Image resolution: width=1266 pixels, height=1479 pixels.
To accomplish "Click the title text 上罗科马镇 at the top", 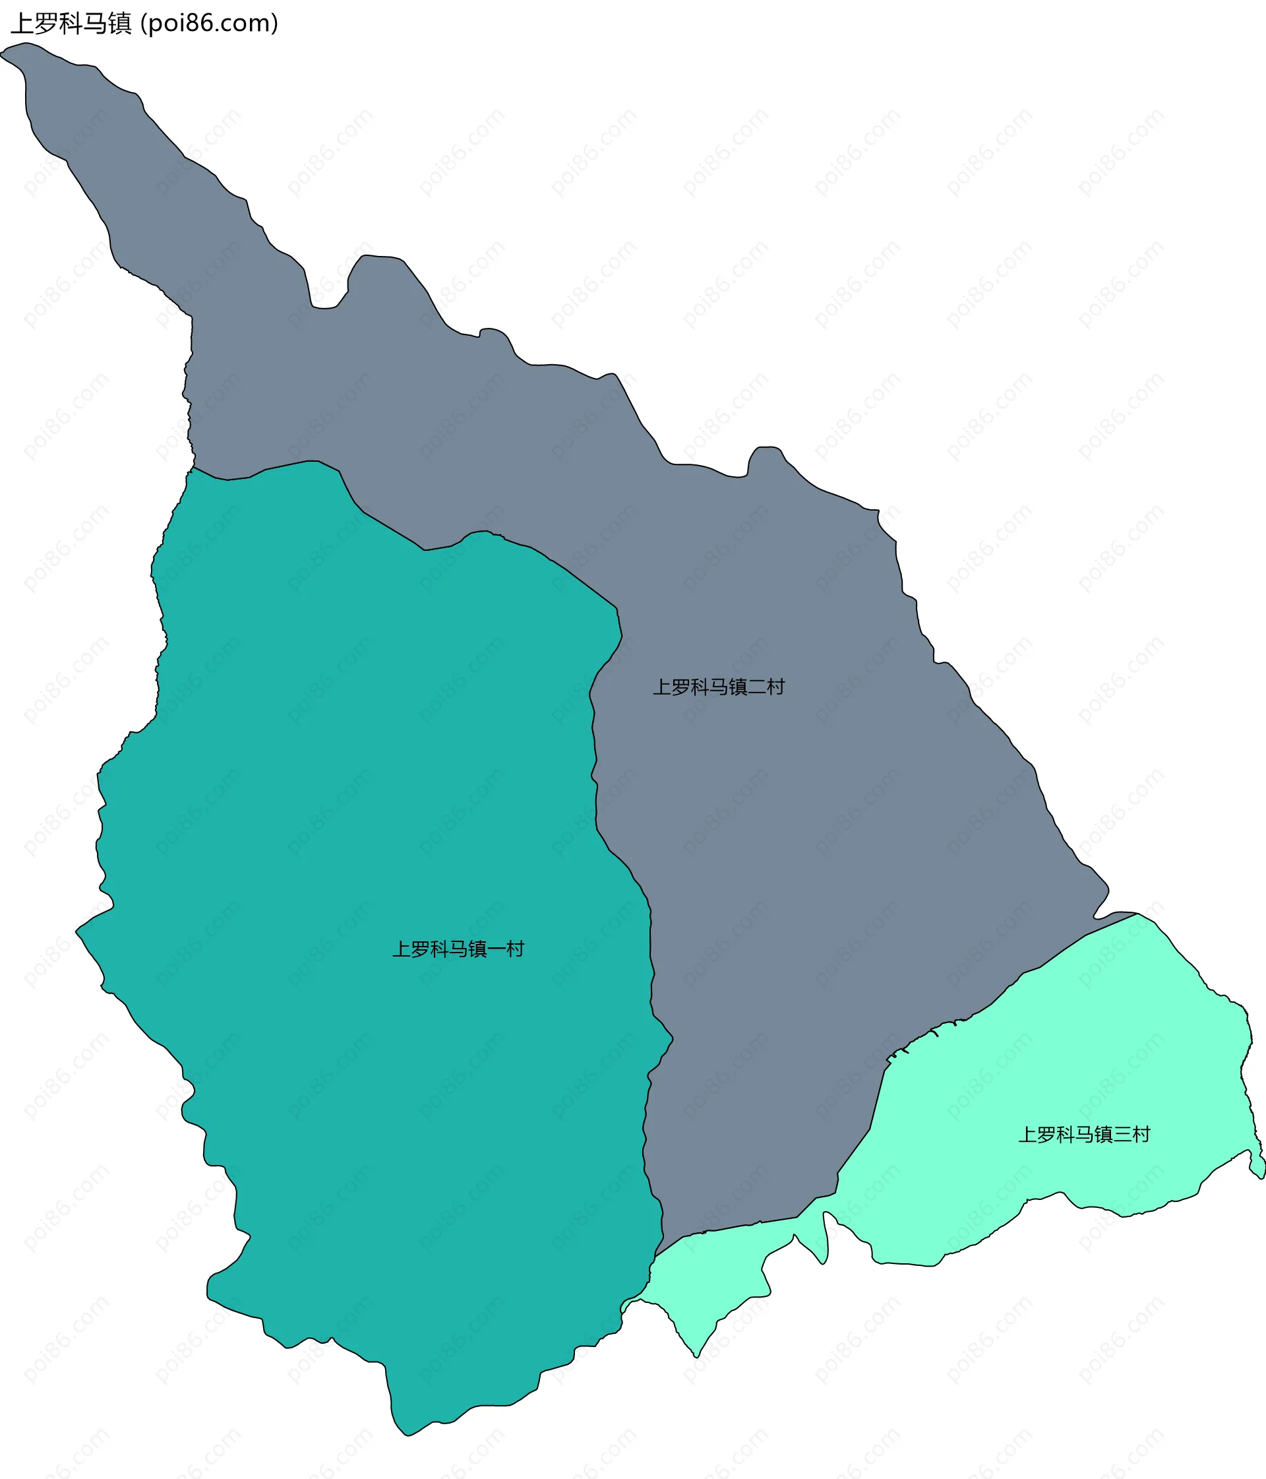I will click(71, 24).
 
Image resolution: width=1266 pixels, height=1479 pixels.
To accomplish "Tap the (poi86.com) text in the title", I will click(209, 24).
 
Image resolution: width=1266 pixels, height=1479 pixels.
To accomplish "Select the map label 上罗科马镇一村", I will click(458, 949).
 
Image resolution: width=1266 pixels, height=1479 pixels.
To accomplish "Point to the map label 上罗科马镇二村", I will click(719, 687).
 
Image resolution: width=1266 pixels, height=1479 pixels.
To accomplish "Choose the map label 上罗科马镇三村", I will click(1084, 1134).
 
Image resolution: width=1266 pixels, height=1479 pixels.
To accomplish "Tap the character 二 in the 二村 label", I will click(756, 687).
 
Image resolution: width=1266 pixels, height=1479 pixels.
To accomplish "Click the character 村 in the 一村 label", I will click(515, 949).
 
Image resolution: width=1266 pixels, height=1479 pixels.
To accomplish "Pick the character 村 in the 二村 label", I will click(775, 687).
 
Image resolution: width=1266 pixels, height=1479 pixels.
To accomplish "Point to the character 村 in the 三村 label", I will click(1141, 1134).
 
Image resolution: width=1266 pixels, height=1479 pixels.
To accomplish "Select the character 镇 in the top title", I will click(120, 24).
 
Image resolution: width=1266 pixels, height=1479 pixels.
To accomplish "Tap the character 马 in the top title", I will click(95, 24).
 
